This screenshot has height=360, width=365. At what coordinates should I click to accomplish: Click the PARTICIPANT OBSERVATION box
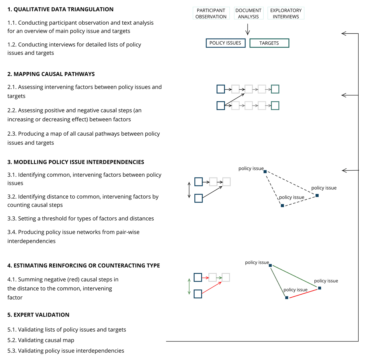click(211, 13)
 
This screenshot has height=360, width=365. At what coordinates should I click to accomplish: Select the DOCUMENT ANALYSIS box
click(248, 13)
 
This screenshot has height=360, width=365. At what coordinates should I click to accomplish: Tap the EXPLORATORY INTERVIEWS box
click(286, 13)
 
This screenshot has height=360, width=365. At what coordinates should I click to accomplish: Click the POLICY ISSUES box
click(225, 43)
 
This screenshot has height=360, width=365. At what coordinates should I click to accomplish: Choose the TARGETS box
click(269, 43)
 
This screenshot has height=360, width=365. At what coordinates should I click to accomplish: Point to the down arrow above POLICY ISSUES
click(248, 29)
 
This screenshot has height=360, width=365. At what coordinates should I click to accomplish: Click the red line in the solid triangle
click(303, 293)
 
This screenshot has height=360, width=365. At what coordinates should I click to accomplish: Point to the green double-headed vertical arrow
click(189, 286)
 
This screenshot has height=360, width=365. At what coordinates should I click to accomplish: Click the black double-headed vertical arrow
click(189, 190)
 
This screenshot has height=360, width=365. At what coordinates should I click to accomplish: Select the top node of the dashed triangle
click(265, 172)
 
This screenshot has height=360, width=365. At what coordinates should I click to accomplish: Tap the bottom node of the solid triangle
click(287, 298)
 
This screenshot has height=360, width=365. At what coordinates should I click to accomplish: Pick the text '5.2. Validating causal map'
click(41, 340)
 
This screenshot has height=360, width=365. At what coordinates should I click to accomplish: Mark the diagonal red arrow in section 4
click(212, 288)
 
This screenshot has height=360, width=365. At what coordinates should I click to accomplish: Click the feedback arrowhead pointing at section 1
click(344, 33)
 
